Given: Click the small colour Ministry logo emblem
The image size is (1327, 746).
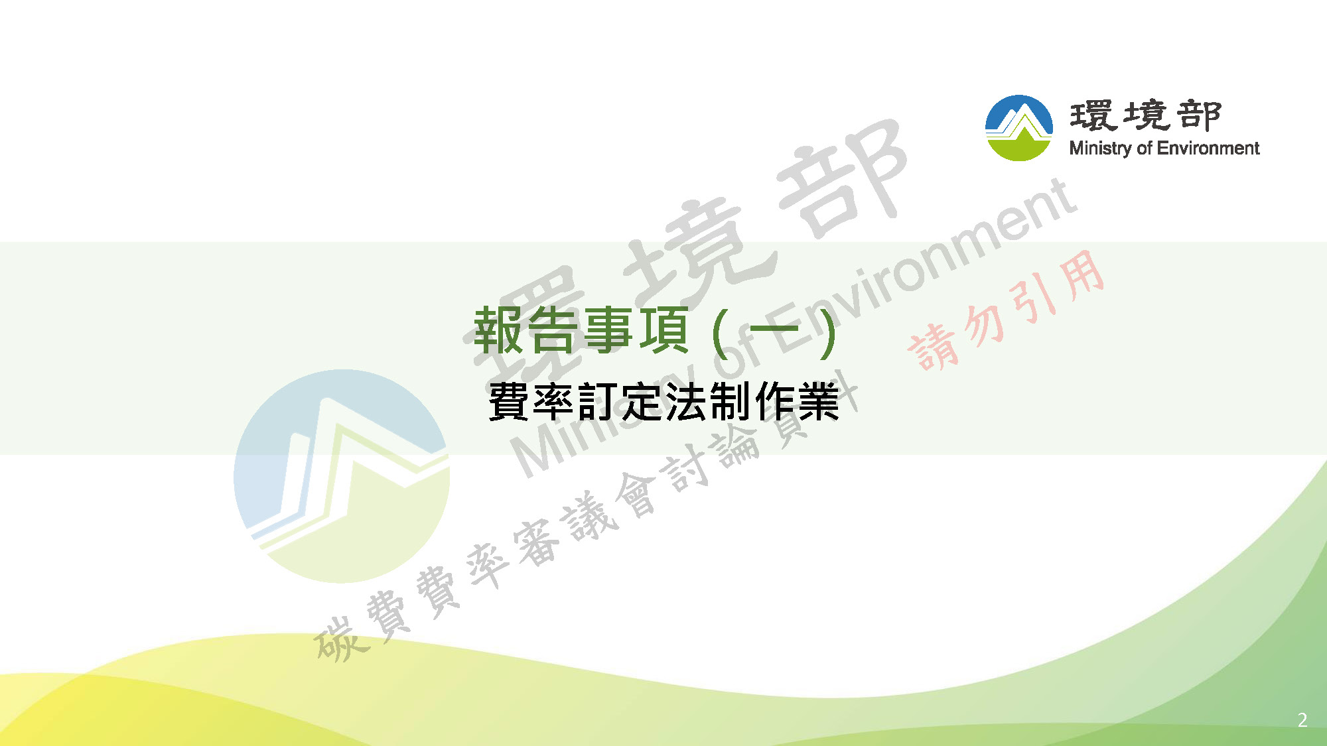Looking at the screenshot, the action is (x=1019, y=128).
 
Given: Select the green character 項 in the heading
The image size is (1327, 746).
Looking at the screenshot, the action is (x=663, y=331).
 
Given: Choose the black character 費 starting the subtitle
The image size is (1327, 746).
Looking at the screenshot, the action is (x=510, y=401).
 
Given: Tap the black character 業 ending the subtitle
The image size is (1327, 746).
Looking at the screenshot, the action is (x=819, y=401).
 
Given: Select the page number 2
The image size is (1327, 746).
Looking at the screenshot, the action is (x=1302, y=720).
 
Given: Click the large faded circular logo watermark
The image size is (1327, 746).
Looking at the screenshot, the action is (x=342, y=476).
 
